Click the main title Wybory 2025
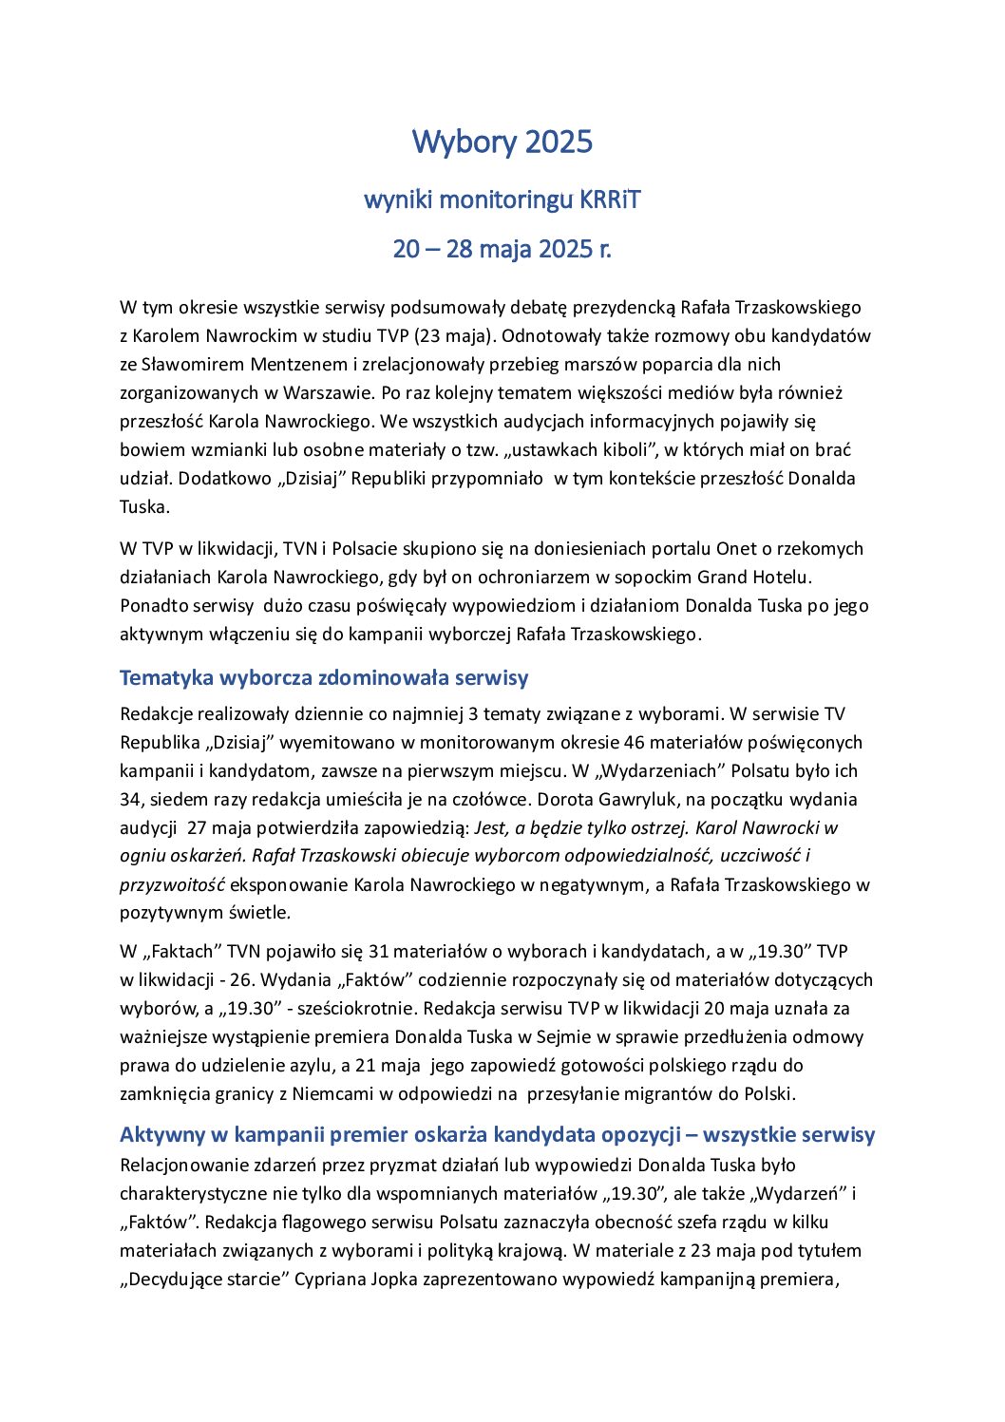[x=502, y=142]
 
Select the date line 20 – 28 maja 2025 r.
[x=502, y=249]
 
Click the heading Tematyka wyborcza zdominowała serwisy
[x=324, y=677]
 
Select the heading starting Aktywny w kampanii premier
[x=497, y=1134]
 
